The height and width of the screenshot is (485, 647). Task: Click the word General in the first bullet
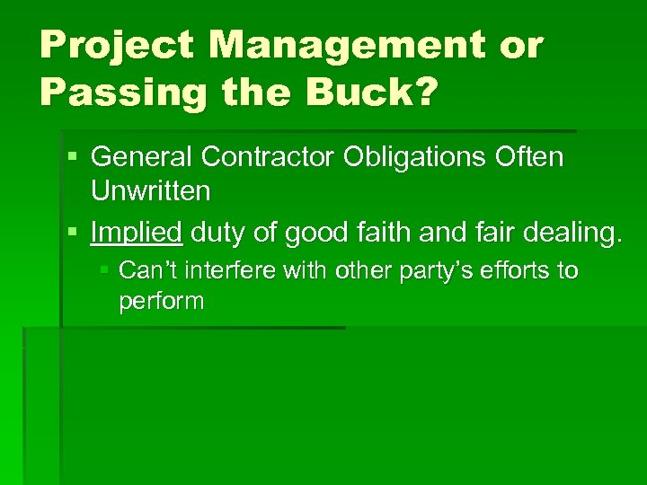143,157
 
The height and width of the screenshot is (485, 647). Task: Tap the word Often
530,157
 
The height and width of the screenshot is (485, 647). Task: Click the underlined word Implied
137,234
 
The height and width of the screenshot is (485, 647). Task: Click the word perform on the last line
162,302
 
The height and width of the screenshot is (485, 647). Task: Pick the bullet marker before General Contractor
71,158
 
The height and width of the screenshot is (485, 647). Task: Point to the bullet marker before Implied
71,234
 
